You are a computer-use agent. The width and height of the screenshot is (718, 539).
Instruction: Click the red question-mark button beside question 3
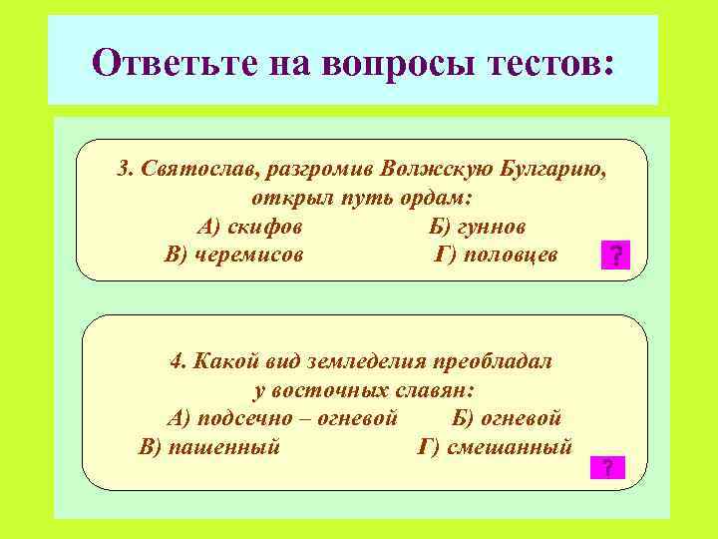point(616,258)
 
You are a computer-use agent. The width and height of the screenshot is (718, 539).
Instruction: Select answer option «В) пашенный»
point(209,446)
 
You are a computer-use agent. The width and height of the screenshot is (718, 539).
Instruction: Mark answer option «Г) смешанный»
point(495,446)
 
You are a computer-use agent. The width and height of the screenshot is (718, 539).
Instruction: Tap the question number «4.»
point(179,360)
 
